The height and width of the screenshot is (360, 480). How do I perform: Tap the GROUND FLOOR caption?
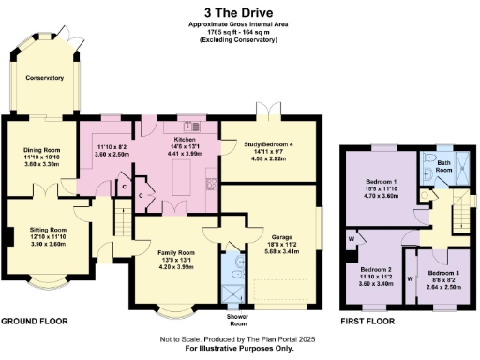click(x=34, y=321)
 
